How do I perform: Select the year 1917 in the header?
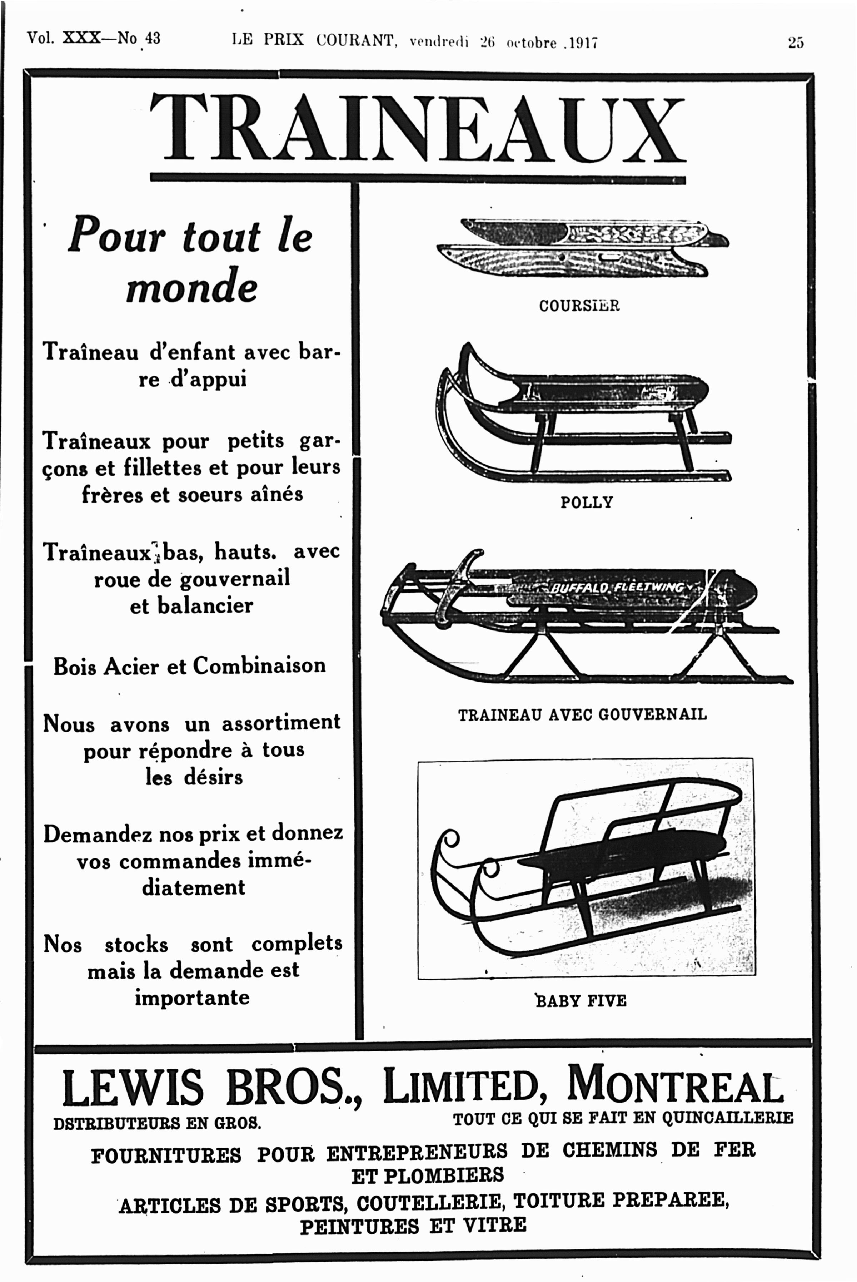pyautogui.click(x=583, y=43)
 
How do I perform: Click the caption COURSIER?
pyautogui.click(x=579, y=306)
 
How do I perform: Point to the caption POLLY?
pyautogui.click(x=587, y=503)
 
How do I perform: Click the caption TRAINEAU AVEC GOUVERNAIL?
pyautogui.click(x=582, y=714)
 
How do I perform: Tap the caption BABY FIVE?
pyautogui.click(x=581, y=1001)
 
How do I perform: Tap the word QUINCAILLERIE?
pyautogui.click(x=727, y=1118)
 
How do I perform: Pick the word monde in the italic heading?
pyautogui.click(x=191, y=287)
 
